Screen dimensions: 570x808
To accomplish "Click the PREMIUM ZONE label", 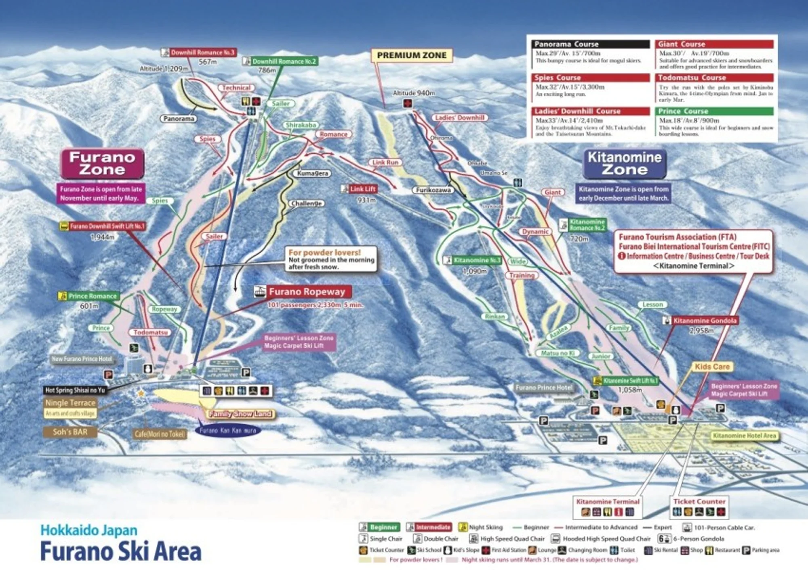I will (x=411, y=55).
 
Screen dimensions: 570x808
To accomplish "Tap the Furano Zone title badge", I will (x=102, y=163).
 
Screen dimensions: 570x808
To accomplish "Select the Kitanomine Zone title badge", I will (x=625, y=163).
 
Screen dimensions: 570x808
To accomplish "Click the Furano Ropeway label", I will (x=307, y=291).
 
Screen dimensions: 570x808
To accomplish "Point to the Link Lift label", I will (x=362, y=189).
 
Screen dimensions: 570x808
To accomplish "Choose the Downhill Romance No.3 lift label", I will (x=202, y=52).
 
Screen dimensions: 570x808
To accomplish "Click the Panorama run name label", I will (x=179, y=119).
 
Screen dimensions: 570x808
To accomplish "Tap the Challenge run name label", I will (x=307, y=203).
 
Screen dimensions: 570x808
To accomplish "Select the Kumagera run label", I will (x=312, y=174).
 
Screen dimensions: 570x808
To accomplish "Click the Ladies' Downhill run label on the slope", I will (x=460, y=117).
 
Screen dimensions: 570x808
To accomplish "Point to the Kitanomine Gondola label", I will (x=704, y=321).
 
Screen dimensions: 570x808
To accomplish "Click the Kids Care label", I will (x=712, y=367).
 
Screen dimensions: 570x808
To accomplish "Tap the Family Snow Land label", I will (x=240, y=414).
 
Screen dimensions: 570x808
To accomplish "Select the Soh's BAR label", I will (x=70, y=432).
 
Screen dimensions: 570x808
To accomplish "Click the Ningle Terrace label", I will (x=70, y=403).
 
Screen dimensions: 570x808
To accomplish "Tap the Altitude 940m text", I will (x=414, y=93).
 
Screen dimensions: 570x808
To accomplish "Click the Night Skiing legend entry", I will (x=485, y=527).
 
